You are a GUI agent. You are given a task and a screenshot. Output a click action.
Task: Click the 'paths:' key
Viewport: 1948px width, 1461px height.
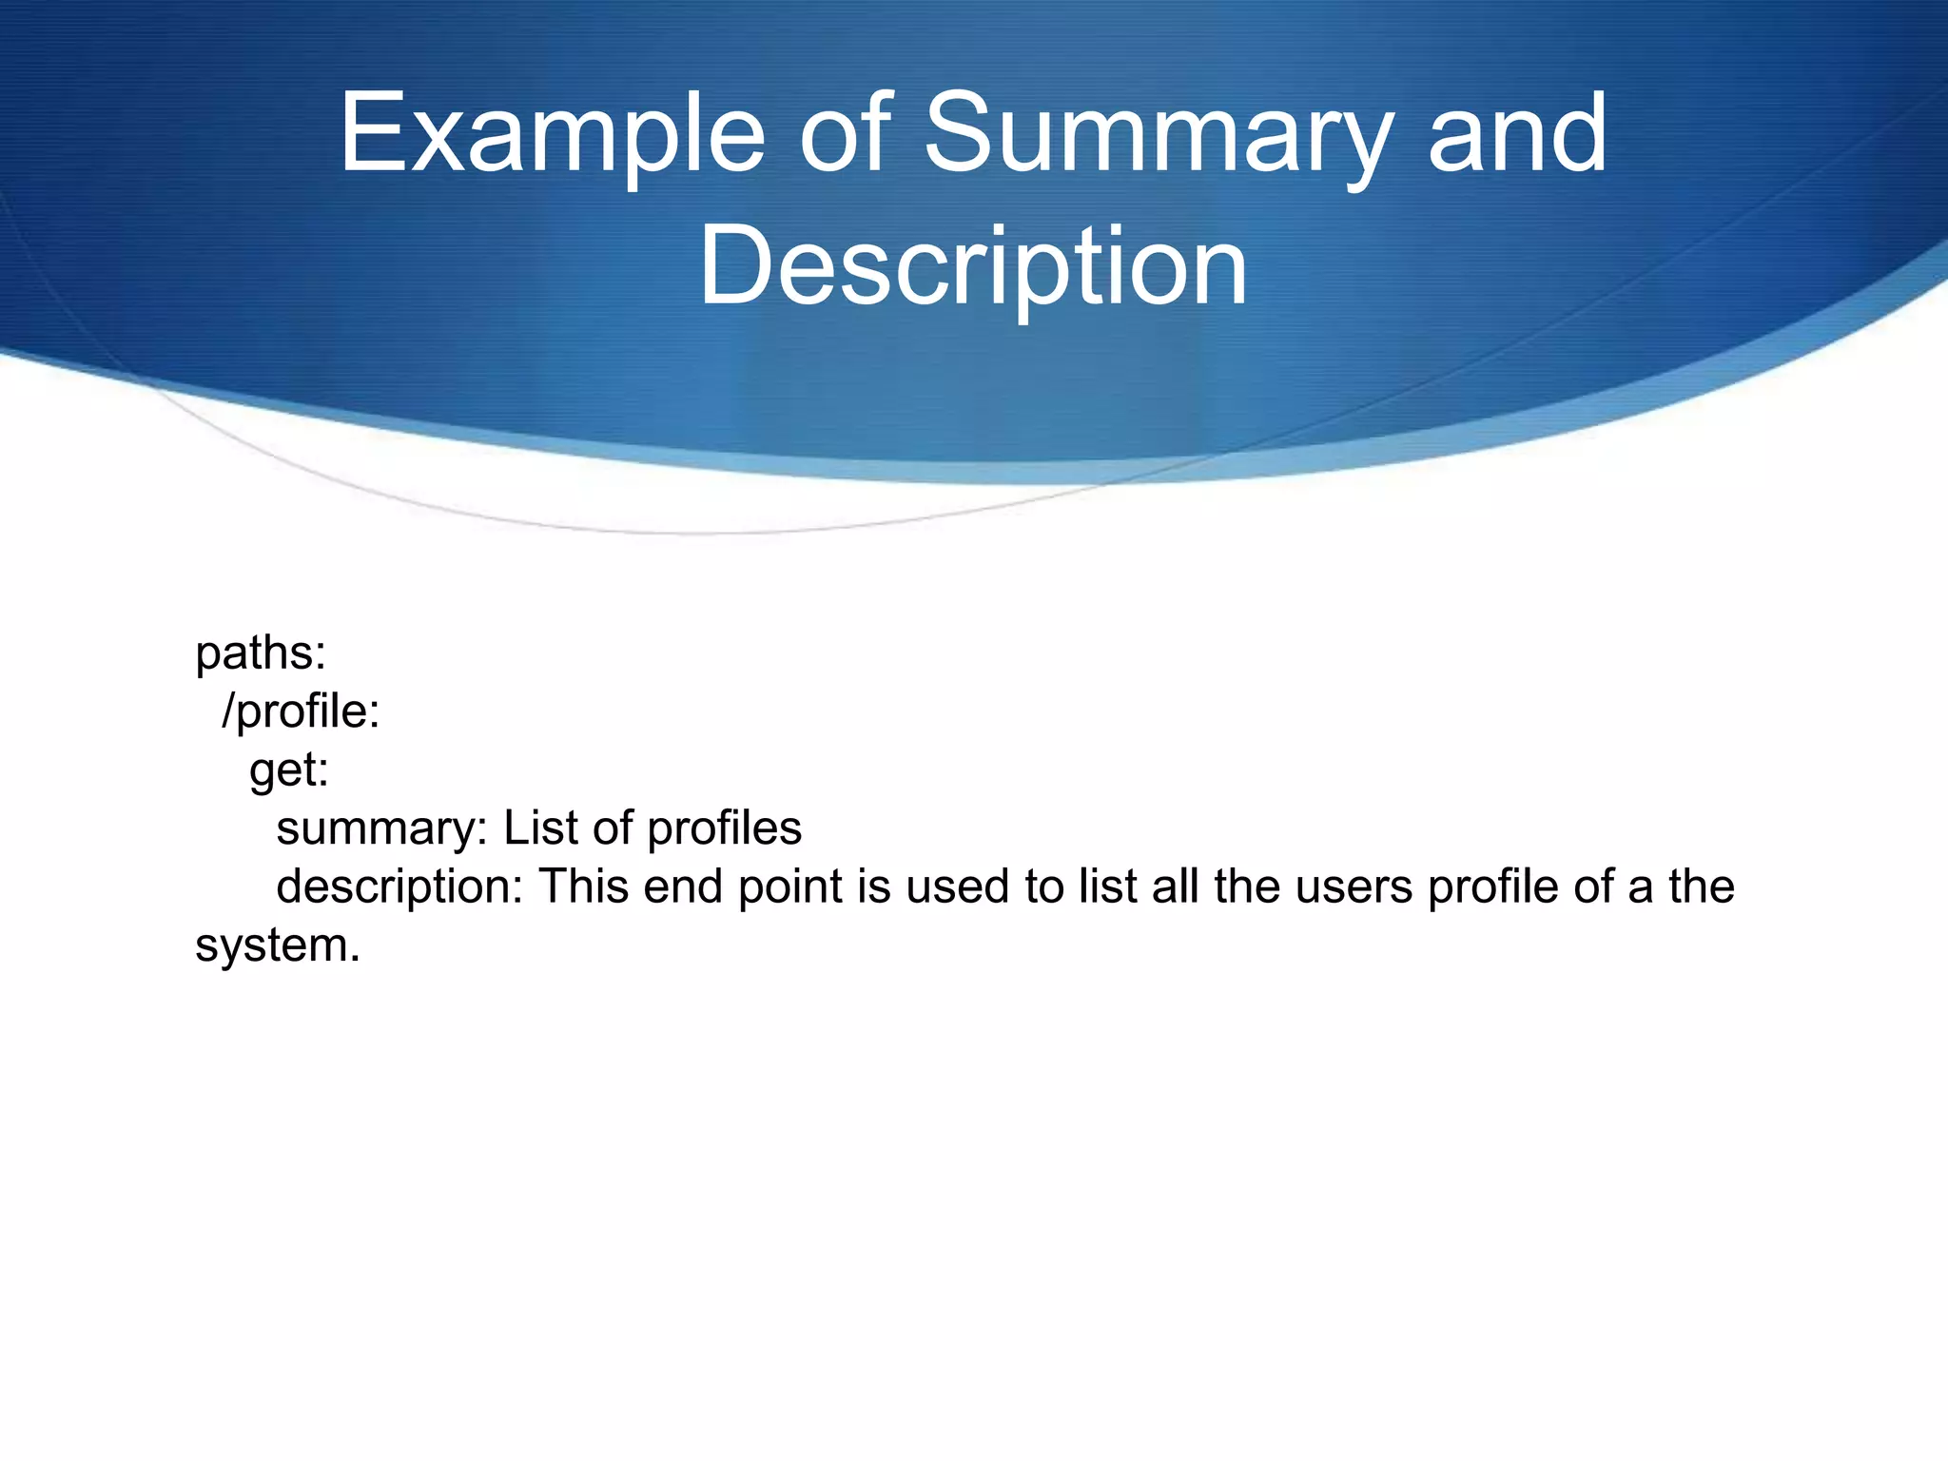coord(261,653)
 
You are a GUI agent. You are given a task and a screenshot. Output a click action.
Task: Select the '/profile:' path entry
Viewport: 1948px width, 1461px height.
coord(301,711)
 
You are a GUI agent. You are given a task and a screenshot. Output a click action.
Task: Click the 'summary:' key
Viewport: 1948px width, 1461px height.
coord(381,828)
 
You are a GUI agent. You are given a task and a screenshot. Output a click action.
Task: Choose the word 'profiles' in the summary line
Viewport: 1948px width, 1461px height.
coord(725,828)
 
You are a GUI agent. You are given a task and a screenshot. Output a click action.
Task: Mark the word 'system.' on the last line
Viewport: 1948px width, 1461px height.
coord(278,945)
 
